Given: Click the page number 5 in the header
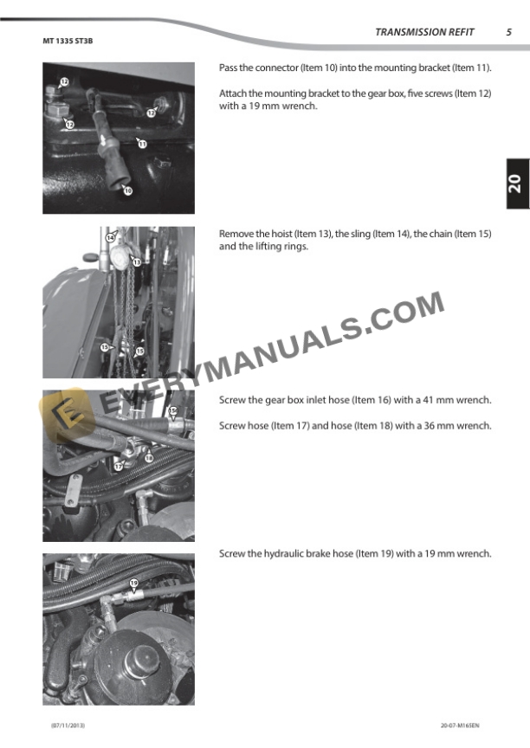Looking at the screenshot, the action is (509, 32).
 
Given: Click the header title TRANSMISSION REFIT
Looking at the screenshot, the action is (424, 32).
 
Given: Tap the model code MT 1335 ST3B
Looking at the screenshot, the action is (68, 41).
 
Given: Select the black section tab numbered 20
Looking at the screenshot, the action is (518, 184).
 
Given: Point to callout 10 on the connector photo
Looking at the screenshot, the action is (128, 190).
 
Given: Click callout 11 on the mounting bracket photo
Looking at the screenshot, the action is (142, 144).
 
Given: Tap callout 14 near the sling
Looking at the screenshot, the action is (111, 237).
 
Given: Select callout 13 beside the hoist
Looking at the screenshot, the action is (137, 262).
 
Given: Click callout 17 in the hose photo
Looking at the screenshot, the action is (118, 467).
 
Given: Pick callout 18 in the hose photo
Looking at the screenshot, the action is (149, 458).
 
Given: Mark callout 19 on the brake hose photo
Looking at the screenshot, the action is (134, 583).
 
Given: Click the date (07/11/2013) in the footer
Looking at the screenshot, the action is (68, 725).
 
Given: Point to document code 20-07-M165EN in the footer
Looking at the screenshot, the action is (460, 725).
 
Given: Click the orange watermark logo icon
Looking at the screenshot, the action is (65, 413).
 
